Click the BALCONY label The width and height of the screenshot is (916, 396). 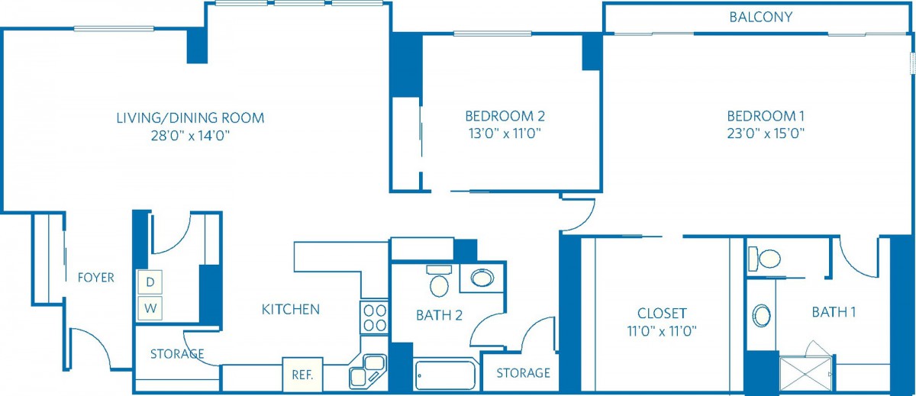click(760, 17)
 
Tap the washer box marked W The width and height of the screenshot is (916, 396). click(150, 308)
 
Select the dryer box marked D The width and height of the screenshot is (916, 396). click(150, 282)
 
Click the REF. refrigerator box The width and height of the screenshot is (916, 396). click(302, 375)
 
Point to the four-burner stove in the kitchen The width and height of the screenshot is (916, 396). click(374, 318)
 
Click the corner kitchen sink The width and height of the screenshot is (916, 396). click(368, 372)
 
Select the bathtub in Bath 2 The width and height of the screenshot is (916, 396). click(446, 375)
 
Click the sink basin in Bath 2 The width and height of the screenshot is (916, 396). click(482, 278)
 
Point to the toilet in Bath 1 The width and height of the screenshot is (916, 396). click(764, 259)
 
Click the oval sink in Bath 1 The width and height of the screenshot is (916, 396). click(762, 315)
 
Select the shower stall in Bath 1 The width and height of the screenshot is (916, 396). click(805, 374)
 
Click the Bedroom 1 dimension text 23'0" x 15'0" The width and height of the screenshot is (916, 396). click(766, 134)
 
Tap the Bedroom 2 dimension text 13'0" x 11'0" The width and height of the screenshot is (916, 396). click(505, 134)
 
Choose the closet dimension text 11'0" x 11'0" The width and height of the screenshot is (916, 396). click(662, 330)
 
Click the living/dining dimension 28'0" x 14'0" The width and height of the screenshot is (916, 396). click(190, 135)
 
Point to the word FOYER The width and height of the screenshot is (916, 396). click(96, 278)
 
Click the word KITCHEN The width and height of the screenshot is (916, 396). click(291, 309)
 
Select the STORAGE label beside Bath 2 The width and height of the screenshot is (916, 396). click(523, 372)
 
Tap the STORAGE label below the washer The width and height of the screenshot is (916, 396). click(177, 353)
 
